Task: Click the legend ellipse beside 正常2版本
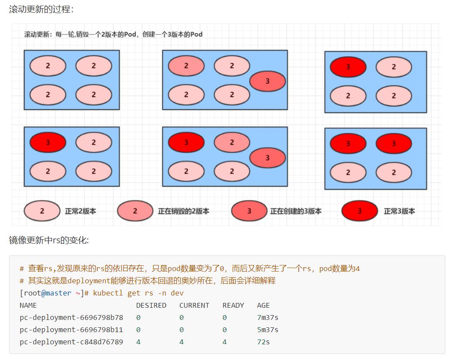point(42,211)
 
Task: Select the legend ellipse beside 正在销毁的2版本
point(135,211)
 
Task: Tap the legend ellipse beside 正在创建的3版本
point(249,211)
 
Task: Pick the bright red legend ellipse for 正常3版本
point(360,211)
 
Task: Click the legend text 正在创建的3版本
point(296,211)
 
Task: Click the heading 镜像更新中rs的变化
point(49,240)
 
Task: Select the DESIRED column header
point(151,305)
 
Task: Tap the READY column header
point(233,305)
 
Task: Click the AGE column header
point(263,305)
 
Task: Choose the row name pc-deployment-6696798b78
point(71,317)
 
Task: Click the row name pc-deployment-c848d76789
point(71,342)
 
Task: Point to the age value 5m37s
point(268,329)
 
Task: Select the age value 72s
point(263,342)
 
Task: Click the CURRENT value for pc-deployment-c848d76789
point(181,342)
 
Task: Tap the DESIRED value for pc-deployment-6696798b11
point(138,329)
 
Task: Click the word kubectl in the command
point(108,293)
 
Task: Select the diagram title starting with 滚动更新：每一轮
point(113,34)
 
